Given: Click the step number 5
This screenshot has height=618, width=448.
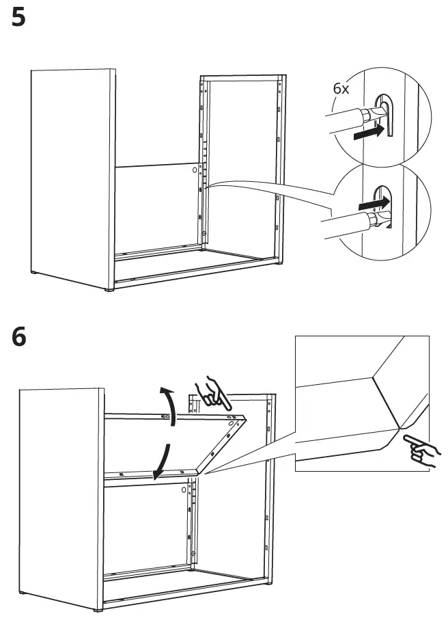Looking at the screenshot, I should pos(19,18).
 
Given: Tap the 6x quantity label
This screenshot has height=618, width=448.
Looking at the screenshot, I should pos(341,90).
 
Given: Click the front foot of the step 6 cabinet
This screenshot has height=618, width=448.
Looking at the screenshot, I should pos(99,607).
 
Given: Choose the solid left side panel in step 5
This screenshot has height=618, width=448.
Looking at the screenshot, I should pos(72,178).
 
